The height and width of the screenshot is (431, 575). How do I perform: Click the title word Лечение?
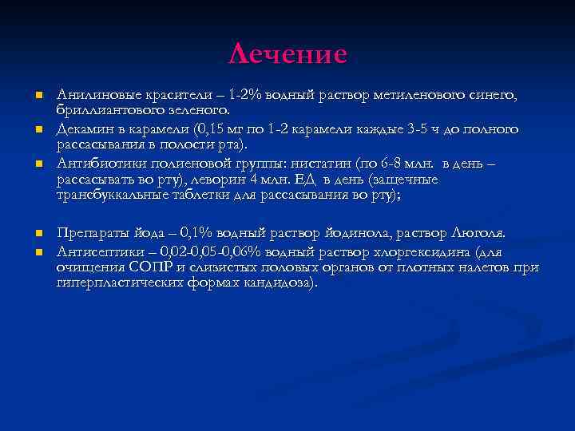pos(287,53)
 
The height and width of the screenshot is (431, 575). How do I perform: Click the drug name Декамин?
pos(84,129)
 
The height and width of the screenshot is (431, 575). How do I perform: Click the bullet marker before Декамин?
pos(38,129)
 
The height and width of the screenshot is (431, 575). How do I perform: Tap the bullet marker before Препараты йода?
pos(38,233)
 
